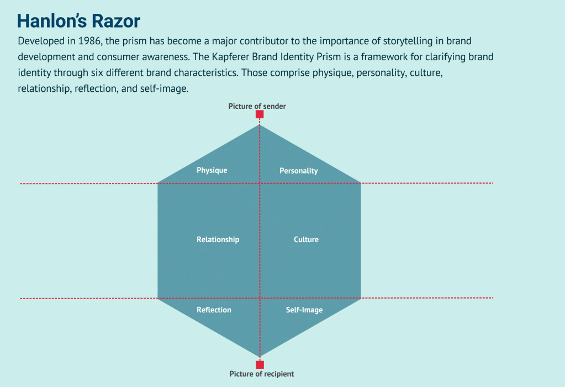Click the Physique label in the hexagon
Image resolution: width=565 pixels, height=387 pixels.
[212, 170]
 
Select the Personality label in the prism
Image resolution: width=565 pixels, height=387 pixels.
[298, 171]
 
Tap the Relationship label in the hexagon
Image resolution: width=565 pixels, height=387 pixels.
[218, 239]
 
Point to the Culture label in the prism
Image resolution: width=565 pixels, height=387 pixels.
[306, 239]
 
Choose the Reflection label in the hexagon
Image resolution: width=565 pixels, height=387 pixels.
[214, 310]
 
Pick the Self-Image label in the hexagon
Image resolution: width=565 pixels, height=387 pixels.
[304, 310]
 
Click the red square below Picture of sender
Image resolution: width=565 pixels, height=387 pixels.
[260, 114]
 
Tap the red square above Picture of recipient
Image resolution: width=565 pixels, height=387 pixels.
[260, 364]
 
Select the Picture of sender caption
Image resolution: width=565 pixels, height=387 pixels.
[257, 106]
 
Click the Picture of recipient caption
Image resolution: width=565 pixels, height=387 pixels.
[261, 374]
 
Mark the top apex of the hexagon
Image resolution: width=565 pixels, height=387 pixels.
[260, 125]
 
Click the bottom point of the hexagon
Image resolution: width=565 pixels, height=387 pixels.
[260, 356]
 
